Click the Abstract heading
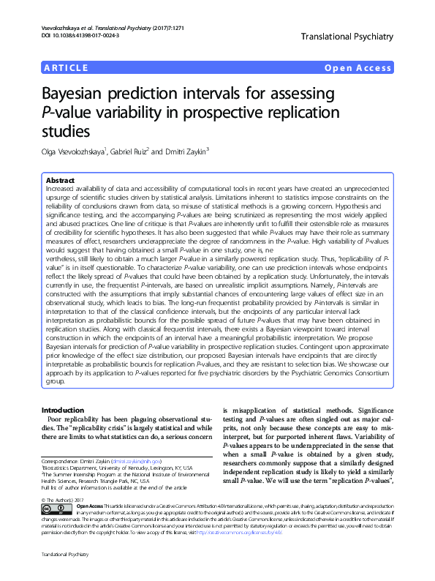coord(60,180)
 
